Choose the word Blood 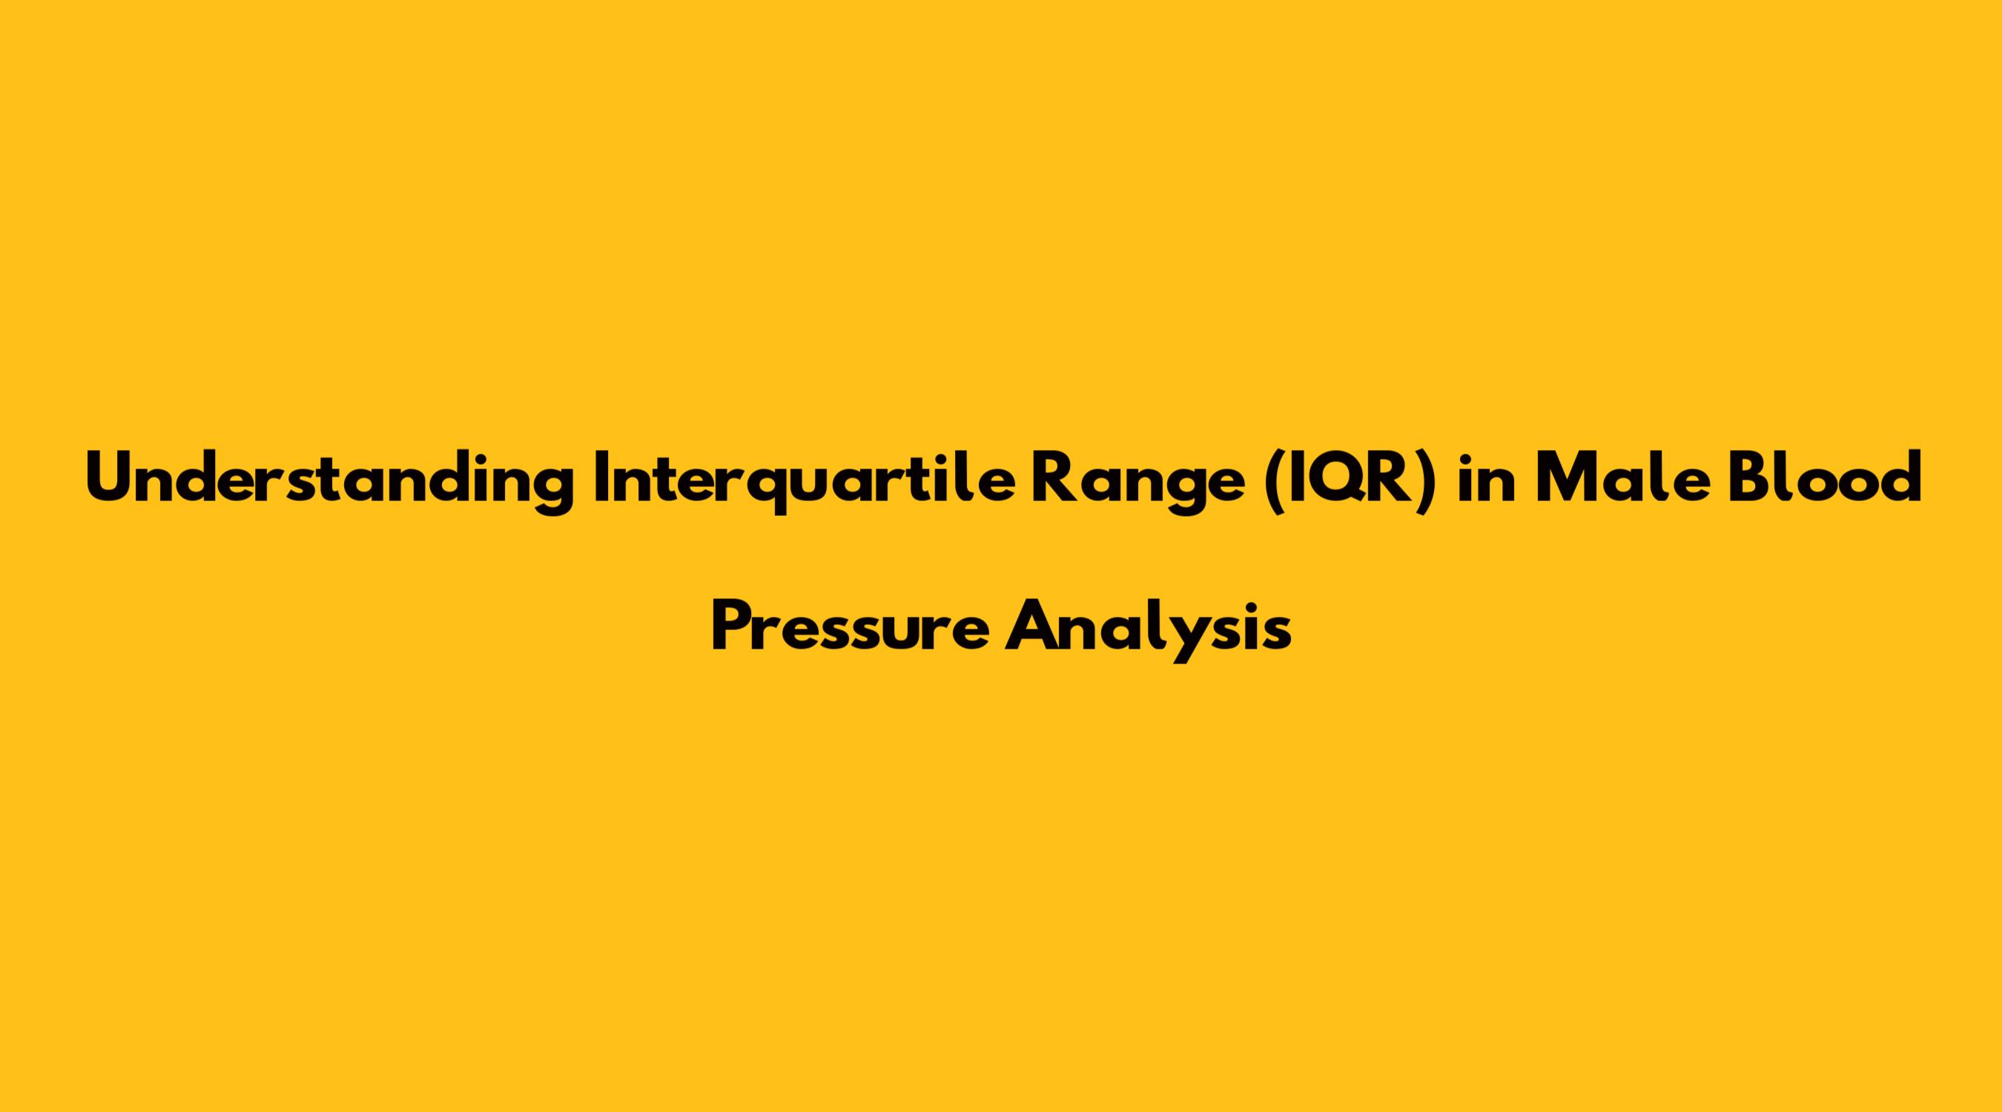(1820, 477)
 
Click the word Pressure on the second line (850, 626)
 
